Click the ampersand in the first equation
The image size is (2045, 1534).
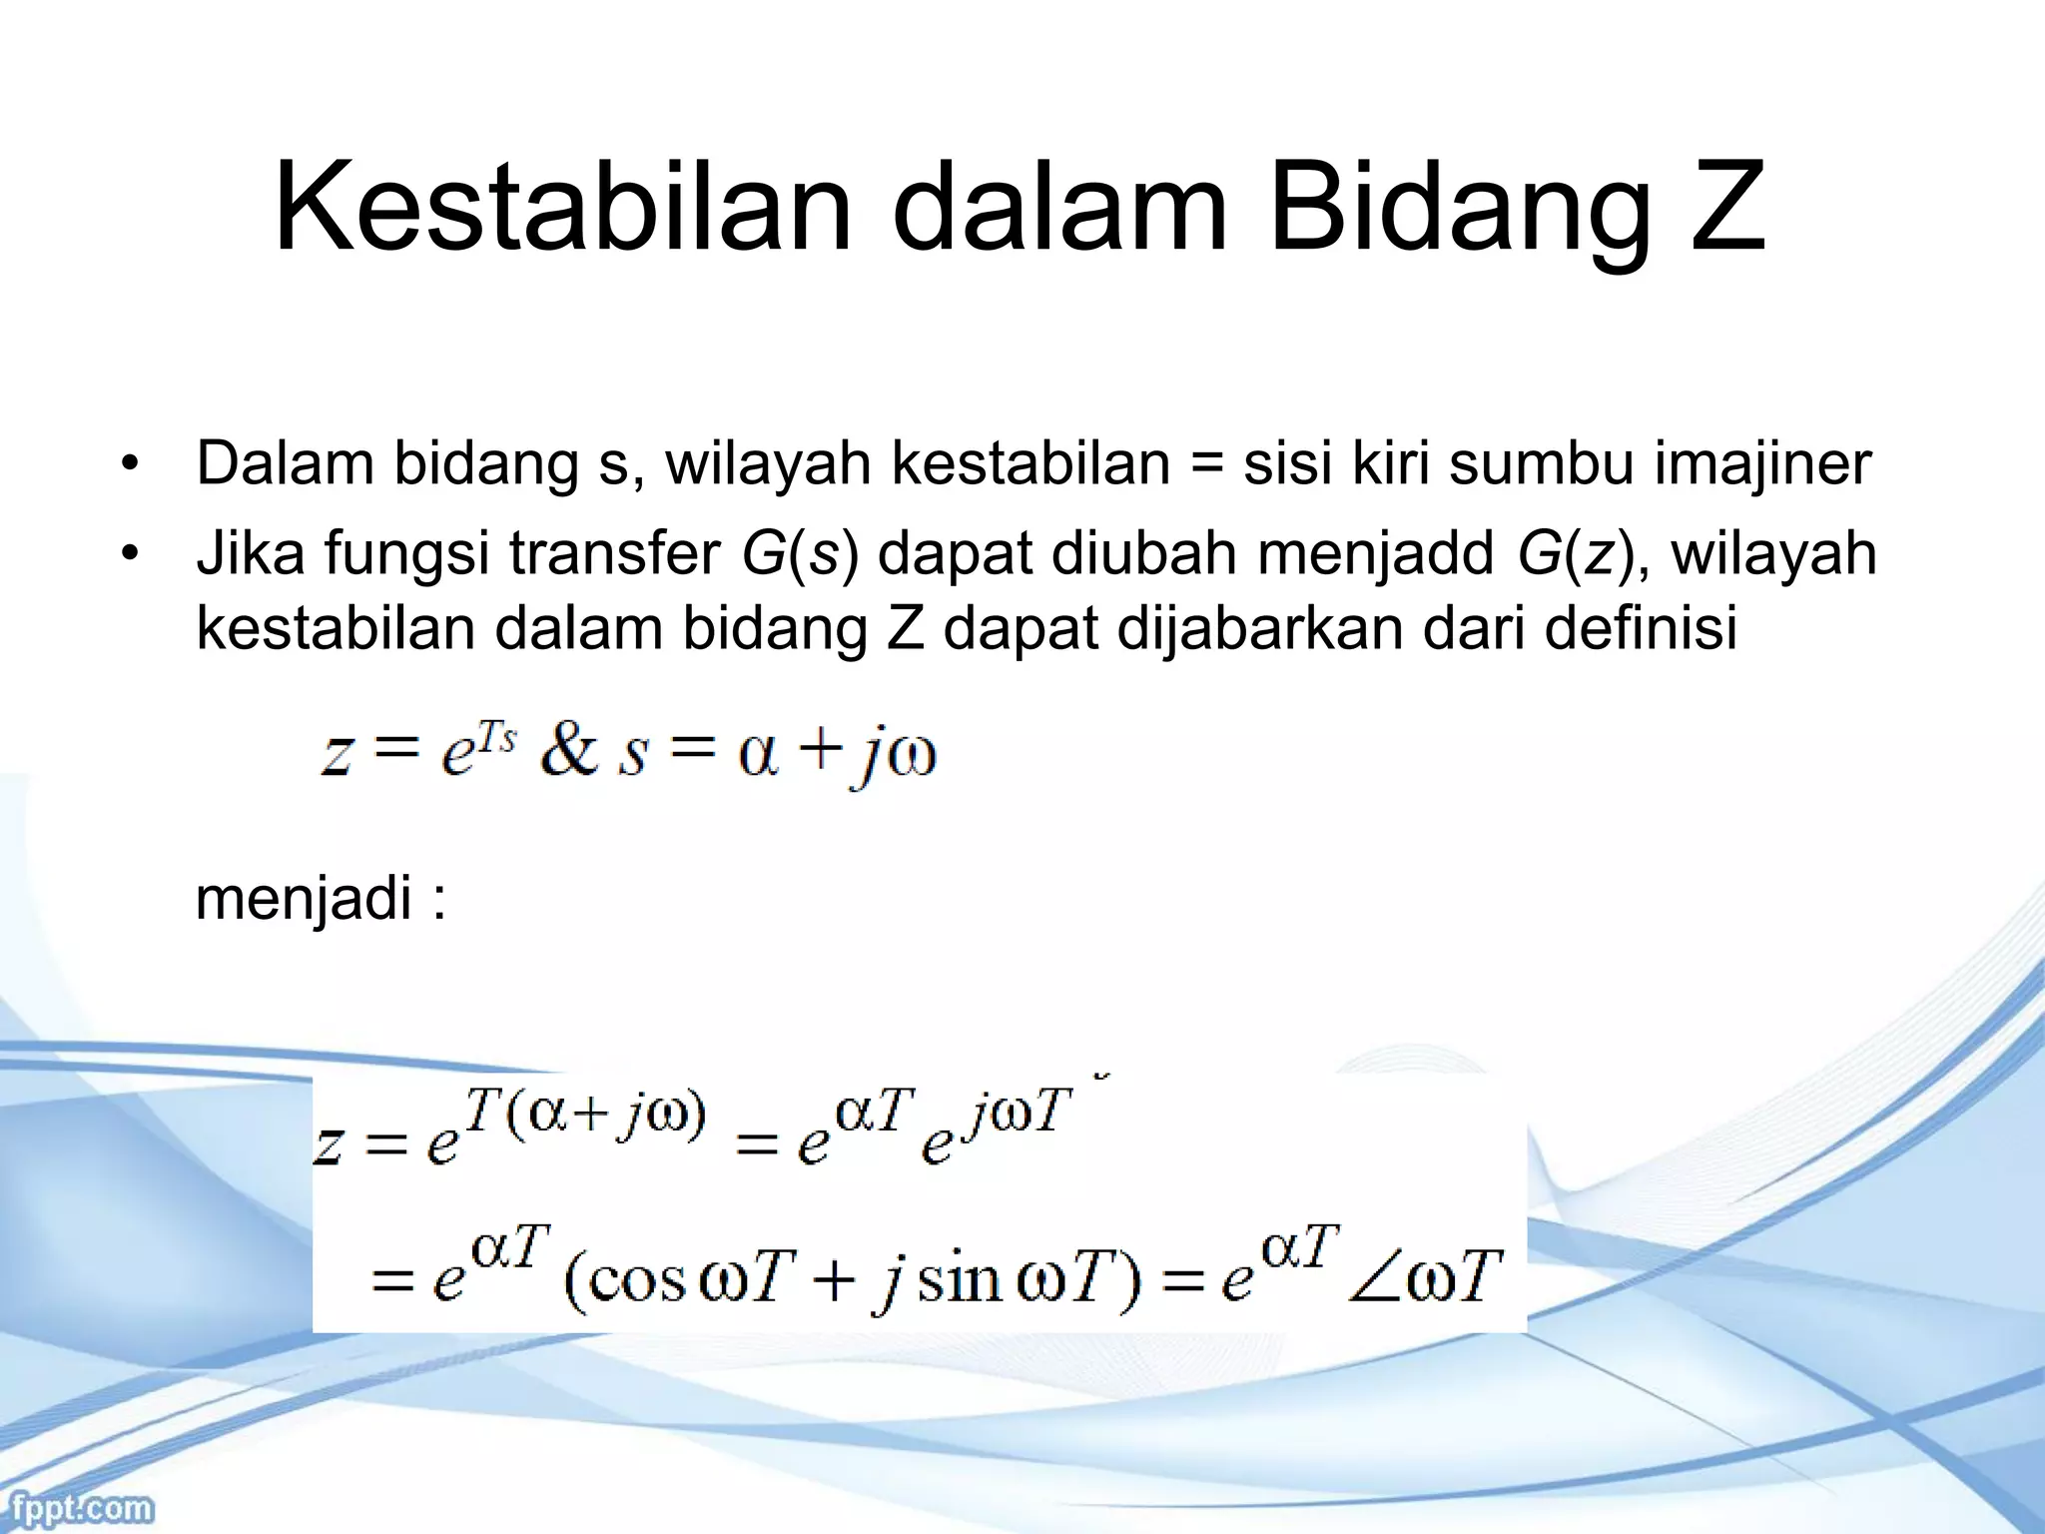point(567,751)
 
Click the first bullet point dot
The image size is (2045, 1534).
point(128,466)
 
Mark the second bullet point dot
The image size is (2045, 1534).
point(128,556)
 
